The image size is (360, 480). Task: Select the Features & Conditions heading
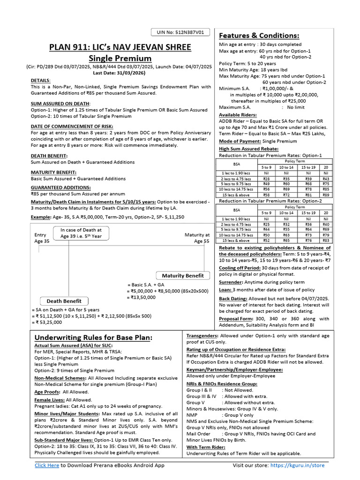coord(259,36)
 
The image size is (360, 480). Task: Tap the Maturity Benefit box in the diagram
coord(183,275)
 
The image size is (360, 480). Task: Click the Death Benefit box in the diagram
coord(64,301)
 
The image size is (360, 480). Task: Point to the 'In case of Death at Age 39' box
coord(81,233)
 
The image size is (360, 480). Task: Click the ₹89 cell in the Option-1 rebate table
coord(326,195)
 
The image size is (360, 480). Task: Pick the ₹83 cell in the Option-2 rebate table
coord(326,240)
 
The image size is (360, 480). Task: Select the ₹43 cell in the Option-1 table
coord(326,179)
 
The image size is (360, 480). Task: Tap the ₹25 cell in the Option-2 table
coord(266,225)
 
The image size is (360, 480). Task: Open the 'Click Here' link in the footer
coord(47,465)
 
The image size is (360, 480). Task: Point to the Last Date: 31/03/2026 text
coord(120,73)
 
